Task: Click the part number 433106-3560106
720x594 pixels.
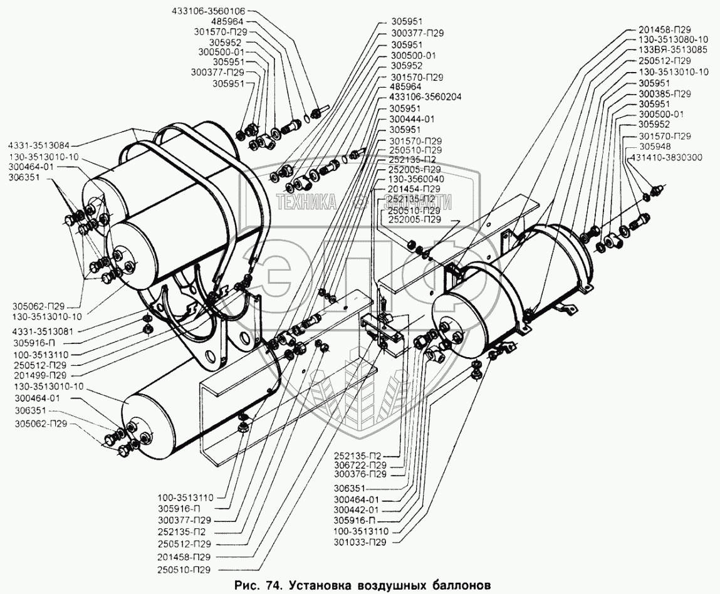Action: pos(211,11)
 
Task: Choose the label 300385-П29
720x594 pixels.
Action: pos(664,93)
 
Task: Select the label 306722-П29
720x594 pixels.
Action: pos(368,466)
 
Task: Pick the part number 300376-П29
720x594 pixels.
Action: pos(368,474)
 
